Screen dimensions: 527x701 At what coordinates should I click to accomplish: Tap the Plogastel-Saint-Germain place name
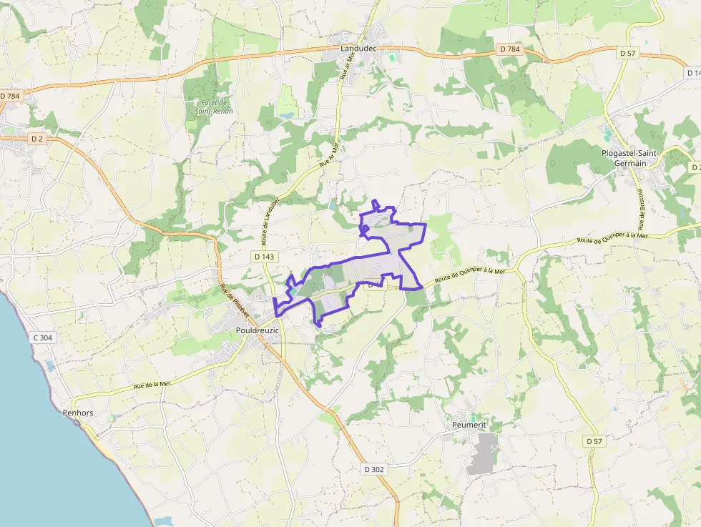[x=629, y=158]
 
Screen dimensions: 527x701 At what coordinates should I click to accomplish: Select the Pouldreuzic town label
[x=257, y=330]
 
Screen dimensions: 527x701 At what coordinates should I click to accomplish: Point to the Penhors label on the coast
[x=78, y=413]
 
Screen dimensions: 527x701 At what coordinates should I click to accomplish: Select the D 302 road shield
[x=374, y=469]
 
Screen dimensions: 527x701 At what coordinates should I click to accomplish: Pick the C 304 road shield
[x=43, y=337]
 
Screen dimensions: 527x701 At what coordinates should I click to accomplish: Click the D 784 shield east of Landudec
[x=509, y=49]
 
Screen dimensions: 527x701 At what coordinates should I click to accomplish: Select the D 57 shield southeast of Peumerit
[x=594, y=441]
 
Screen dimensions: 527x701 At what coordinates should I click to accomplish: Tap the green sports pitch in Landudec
[x=391, y=56]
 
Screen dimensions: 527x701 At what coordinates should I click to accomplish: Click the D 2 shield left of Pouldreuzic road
[x=37, y=138]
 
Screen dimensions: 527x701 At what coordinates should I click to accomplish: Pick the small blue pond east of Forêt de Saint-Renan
[x=287, y=114]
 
